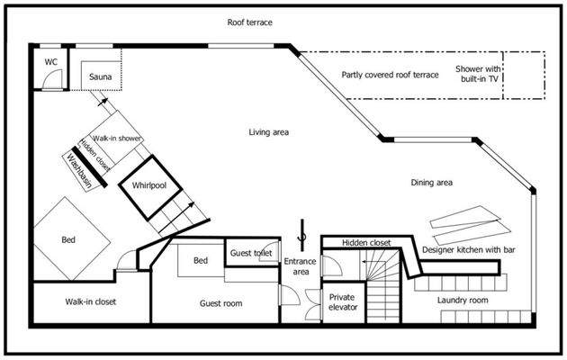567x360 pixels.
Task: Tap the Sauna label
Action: click(101, 78)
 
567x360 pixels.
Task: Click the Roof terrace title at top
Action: click(249, 22)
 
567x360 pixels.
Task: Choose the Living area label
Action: click(268, 132)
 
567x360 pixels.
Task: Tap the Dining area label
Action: click(431, 183)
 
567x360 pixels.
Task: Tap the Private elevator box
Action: click(343, 302)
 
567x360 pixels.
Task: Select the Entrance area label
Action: click(300, 267)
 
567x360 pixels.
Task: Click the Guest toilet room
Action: click(251, 254)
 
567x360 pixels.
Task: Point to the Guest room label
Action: click(220, 303)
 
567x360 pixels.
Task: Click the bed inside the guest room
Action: click(199, 262)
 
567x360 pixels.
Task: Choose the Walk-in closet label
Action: click(90, 301)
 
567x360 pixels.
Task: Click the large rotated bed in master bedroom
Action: click(68, 238)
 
